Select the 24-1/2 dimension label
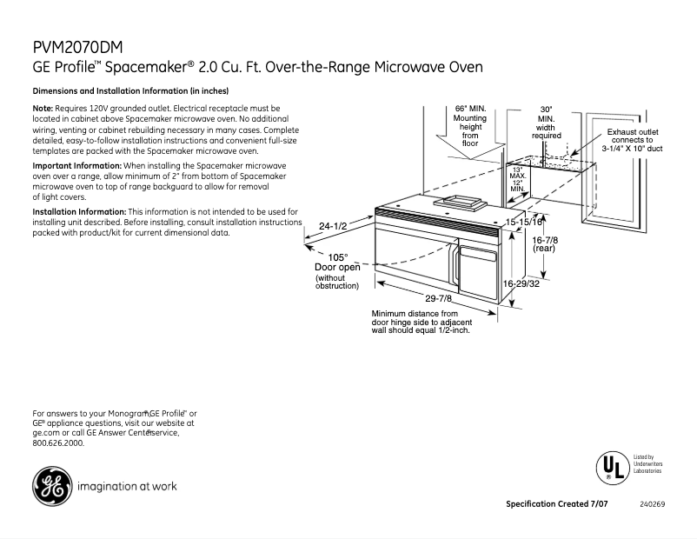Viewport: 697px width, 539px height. (x=333, y=226)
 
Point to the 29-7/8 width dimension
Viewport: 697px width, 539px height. (x=439, y=298)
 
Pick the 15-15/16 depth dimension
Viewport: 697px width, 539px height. (x=524, y=223)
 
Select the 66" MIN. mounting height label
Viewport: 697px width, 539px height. (x=470, y=126)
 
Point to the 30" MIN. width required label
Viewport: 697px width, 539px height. (x=546, y=123)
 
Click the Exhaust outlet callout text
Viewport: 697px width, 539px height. (x=632, y=140)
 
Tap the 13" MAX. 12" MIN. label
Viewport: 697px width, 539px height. (x=517, y=179)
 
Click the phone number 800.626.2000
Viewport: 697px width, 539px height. (x=58, y=443)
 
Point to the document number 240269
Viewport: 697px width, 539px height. (x=652, y=505)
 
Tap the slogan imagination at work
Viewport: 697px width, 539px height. (x=127, y=487)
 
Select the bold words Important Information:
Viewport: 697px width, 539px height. (x=76, y=165)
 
